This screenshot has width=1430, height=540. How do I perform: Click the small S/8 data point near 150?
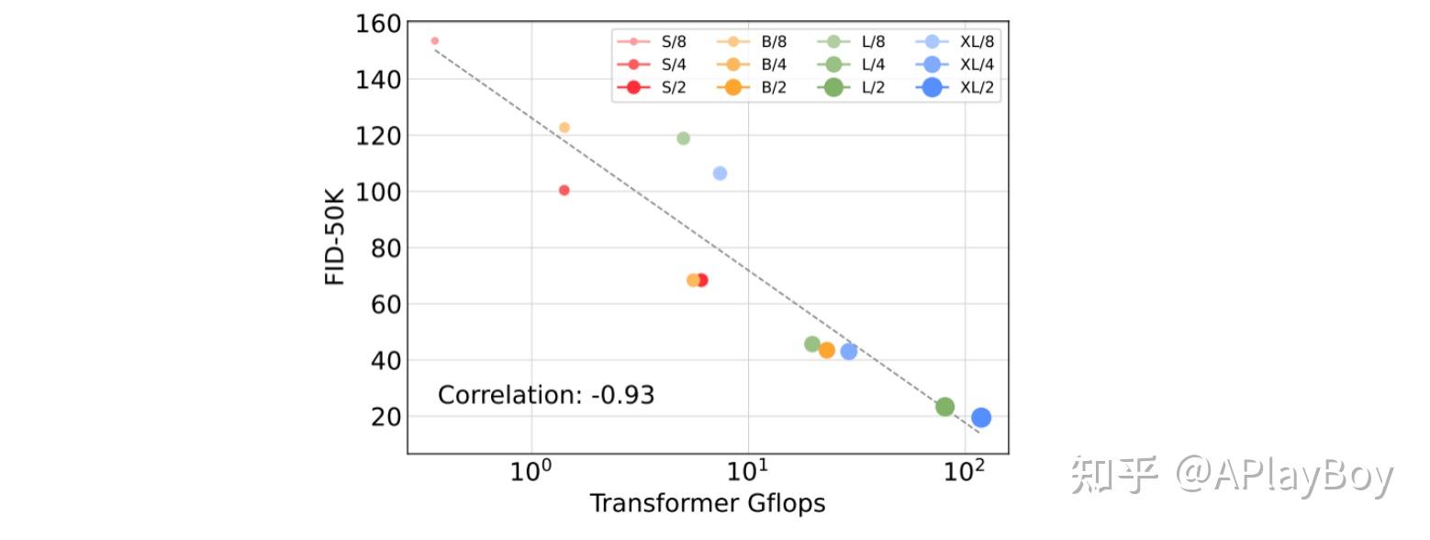click(x=434, y=40)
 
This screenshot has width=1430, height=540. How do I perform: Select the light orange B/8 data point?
click(x=564, y=128)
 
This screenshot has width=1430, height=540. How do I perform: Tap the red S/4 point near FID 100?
click(x=564, y=190)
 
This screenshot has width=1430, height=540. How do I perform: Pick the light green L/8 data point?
click(x=683, y=139)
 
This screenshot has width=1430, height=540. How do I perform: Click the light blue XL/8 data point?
click(x=720, y=174)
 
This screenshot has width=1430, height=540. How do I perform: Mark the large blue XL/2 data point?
click(x=981, y=418)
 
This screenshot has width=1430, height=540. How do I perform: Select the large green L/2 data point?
click(x=944, y=407)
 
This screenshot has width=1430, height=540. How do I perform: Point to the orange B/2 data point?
click(x=826, y=350)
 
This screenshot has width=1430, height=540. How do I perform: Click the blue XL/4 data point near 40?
click(x=849, y=351)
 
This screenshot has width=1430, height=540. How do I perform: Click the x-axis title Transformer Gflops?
click(x=707, y=503)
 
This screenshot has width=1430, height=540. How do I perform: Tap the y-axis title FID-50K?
click(x=336, y=237)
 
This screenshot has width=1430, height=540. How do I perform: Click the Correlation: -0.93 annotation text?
click(x=545, y=395)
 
